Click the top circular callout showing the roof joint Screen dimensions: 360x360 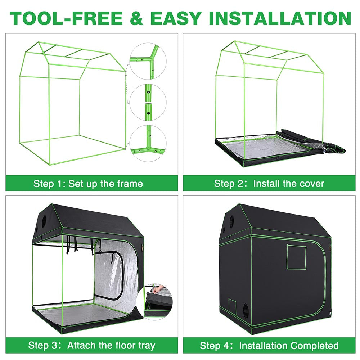pyautogui.click(x=148, y=60)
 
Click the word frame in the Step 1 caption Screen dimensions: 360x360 pyautogui.click(x=130, y=184)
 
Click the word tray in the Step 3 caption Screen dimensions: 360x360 pyautogui.click(x=144, y=346)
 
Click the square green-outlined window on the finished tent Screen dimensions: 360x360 pyautogui.click(x=296, y=257)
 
